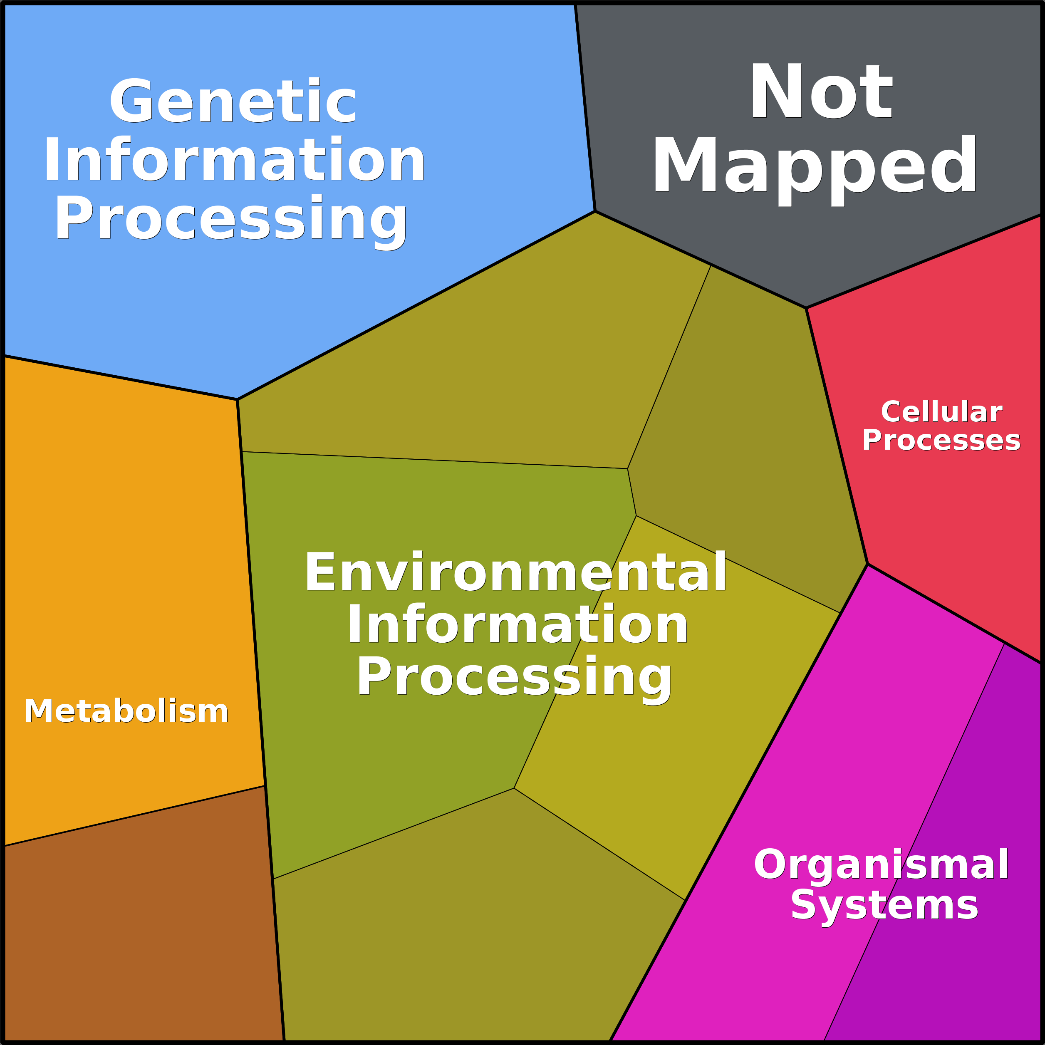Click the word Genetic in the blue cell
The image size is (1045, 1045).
pos(233,101)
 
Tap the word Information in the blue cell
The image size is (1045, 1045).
pos(235,160)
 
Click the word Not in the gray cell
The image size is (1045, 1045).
pos(821,91)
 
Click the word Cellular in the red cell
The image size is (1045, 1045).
pos(942,412)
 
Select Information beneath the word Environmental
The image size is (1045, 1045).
pos(518,625)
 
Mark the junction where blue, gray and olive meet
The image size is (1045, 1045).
pos(595,211)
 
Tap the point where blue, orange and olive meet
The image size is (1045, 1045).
pos(238,400)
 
